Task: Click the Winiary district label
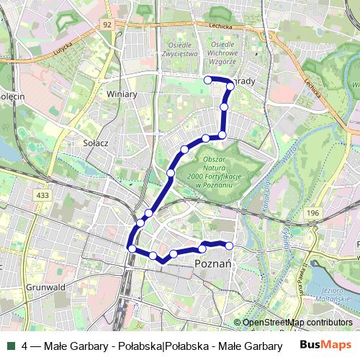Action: point(120,94)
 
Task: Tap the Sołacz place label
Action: point(95,143)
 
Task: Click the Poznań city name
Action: point(212,265)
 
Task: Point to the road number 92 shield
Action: point(107,24)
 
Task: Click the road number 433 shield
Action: point(42,195)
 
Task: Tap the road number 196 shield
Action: point(312,213)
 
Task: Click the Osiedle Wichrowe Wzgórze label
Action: point(222,54)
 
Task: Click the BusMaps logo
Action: point(325,346)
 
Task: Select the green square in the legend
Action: point(9,346)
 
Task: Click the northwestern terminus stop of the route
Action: point(207,79)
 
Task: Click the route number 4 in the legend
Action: point(25,346)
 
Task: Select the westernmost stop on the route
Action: point(132,248)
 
